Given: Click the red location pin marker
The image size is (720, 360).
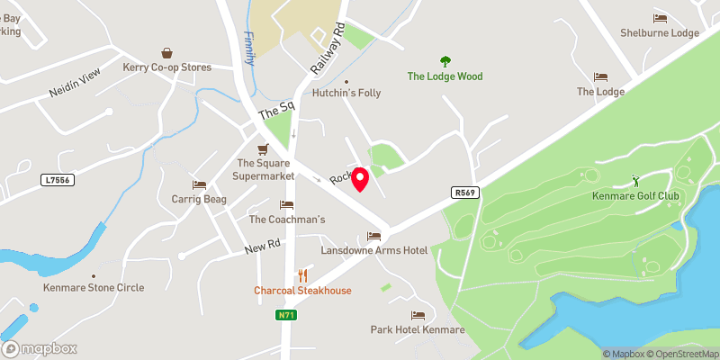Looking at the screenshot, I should coord(361,179).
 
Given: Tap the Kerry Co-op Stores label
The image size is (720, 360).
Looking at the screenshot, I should coord(167,67).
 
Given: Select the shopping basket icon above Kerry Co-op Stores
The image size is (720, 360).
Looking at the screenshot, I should coord(167,53).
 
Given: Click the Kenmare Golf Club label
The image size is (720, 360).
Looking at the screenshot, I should coord(635,196).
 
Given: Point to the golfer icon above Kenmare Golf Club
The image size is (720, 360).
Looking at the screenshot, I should coord(635,181).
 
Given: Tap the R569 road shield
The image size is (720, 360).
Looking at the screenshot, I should coord(463,192).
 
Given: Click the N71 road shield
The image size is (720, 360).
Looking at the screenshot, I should coord(286,315).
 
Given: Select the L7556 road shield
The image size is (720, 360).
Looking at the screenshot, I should coord(56,181).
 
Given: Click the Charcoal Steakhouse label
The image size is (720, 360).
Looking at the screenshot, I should coord(302,291).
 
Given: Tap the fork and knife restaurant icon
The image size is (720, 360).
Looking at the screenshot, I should coord(303,275).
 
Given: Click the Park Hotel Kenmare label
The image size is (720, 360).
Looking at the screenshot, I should coord(418,330).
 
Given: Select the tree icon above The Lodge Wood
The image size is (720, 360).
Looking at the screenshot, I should coord(445,61).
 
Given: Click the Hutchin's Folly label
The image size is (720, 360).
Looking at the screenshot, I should coord(346,93).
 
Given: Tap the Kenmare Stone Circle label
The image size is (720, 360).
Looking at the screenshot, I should coord(94,288).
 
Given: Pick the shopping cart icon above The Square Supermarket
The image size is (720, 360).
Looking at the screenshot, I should coord(263,148).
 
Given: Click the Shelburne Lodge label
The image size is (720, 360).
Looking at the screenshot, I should coord(660,33).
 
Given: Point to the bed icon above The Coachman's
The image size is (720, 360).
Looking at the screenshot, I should coord(287,205).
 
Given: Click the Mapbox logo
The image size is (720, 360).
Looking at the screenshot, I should coord(40,348).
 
